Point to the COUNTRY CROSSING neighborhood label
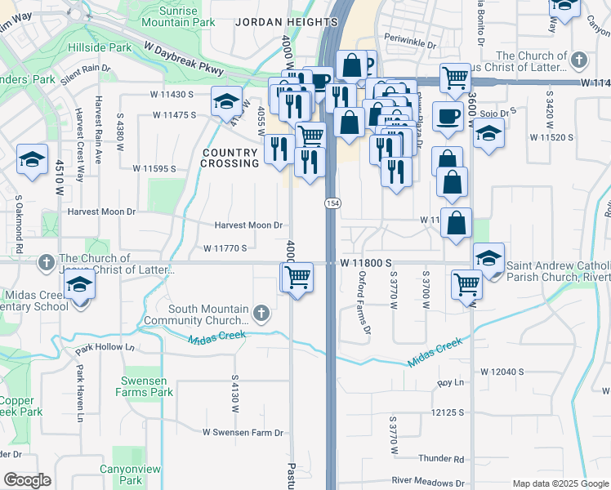[x=230, y=158]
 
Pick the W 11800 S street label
[x=368, y=262]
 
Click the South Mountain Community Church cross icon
[x=261, y=313]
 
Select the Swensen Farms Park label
[x=147, y=386]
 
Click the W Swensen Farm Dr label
[x=243, y=432]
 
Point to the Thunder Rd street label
[x=441, y=459]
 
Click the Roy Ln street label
[x=450, y=382]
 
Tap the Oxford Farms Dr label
[x=364, y=302]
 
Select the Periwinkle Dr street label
[x=412, y=38]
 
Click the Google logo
[x=27, y=480]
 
